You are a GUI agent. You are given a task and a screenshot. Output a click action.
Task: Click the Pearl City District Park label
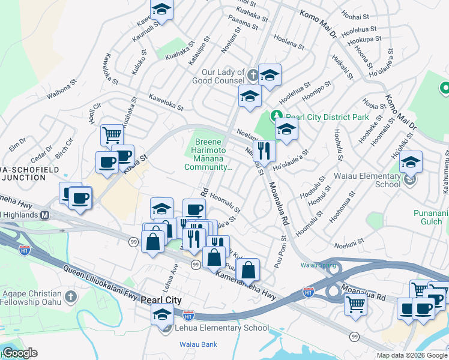click(x=327, y=117)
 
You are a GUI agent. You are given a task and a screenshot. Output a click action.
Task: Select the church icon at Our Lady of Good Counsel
click(x=253, y=76)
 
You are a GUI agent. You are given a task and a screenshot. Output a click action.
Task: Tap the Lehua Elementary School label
click(x=221, y=328)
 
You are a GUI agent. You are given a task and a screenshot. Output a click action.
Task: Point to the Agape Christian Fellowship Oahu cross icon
click(x=71, y=297)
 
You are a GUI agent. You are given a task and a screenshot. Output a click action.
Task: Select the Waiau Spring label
click(x=317, y=265)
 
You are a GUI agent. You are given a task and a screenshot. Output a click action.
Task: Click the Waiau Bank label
click(x=198, y=344)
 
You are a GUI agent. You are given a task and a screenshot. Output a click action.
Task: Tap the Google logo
click(x=19, y=353)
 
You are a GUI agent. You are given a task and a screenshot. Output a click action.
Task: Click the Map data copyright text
click(x=412, y=355)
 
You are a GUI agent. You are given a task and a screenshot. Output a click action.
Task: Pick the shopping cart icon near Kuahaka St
click(x=112, y=134)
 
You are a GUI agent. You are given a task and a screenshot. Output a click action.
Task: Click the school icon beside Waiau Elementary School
click(x=411, y=161)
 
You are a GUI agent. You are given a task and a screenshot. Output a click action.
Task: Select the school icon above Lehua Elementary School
click(x=161, y=314)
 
